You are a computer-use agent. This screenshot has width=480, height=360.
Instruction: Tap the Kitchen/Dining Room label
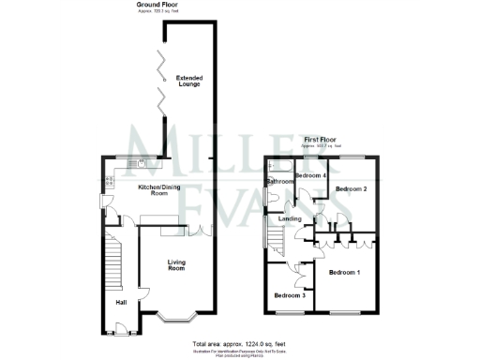158,190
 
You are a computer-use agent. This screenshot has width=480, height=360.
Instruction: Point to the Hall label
121,302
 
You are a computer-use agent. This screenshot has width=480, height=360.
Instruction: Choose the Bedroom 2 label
351,189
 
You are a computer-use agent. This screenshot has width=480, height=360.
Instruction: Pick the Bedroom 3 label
289,296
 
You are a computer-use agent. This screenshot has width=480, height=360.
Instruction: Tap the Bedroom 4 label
310,175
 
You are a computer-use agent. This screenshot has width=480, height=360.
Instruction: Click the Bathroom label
279,181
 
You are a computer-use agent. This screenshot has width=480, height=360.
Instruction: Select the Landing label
289,219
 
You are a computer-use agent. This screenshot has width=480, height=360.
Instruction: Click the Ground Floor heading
157,5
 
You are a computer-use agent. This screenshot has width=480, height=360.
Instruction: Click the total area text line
240,343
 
